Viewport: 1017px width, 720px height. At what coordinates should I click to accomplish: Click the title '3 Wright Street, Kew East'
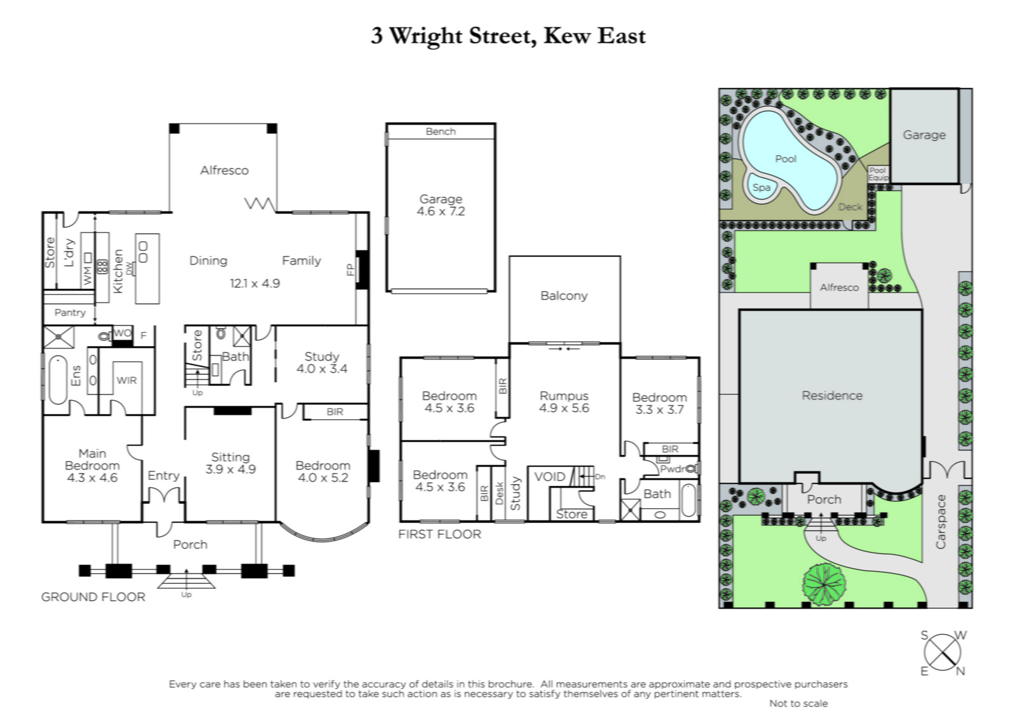(508, 36)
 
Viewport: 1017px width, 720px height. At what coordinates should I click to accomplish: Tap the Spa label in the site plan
(761, 188)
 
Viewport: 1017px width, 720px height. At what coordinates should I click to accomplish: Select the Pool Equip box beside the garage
(878, 174)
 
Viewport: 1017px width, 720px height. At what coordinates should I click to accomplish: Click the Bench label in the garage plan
(440, 131)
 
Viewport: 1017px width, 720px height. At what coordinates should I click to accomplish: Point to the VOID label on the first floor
(549, 476)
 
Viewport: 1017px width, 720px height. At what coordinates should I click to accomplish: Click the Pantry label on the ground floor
(70, 312)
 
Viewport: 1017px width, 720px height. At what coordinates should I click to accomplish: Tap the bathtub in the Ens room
(58, 380)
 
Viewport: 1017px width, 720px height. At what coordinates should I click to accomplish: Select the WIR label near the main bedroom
(126, 380)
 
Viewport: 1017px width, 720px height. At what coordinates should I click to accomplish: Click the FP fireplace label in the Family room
(350, 270)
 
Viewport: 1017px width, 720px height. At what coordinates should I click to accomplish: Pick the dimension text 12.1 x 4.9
(255, 284)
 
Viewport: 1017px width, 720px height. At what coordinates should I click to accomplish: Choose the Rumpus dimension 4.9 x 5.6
(564, 408)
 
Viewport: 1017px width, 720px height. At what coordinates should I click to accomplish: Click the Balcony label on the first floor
(564, 296)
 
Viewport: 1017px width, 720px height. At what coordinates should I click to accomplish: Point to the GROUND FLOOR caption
(93, 597)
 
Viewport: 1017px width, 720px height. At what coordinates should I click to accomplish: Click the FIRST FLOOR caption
(439, 534)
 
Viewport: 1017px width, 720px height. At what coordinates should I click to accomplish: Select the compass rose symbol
(943, 653)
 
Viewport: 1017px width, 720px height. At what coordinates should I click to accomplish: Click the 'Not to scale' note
(798, 703)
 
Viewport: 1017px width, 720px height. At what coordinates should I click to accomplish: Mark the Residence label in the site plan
(832, 396)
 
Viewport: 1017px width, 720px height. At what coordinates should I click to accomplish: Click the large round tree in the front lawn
(824, 585)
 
